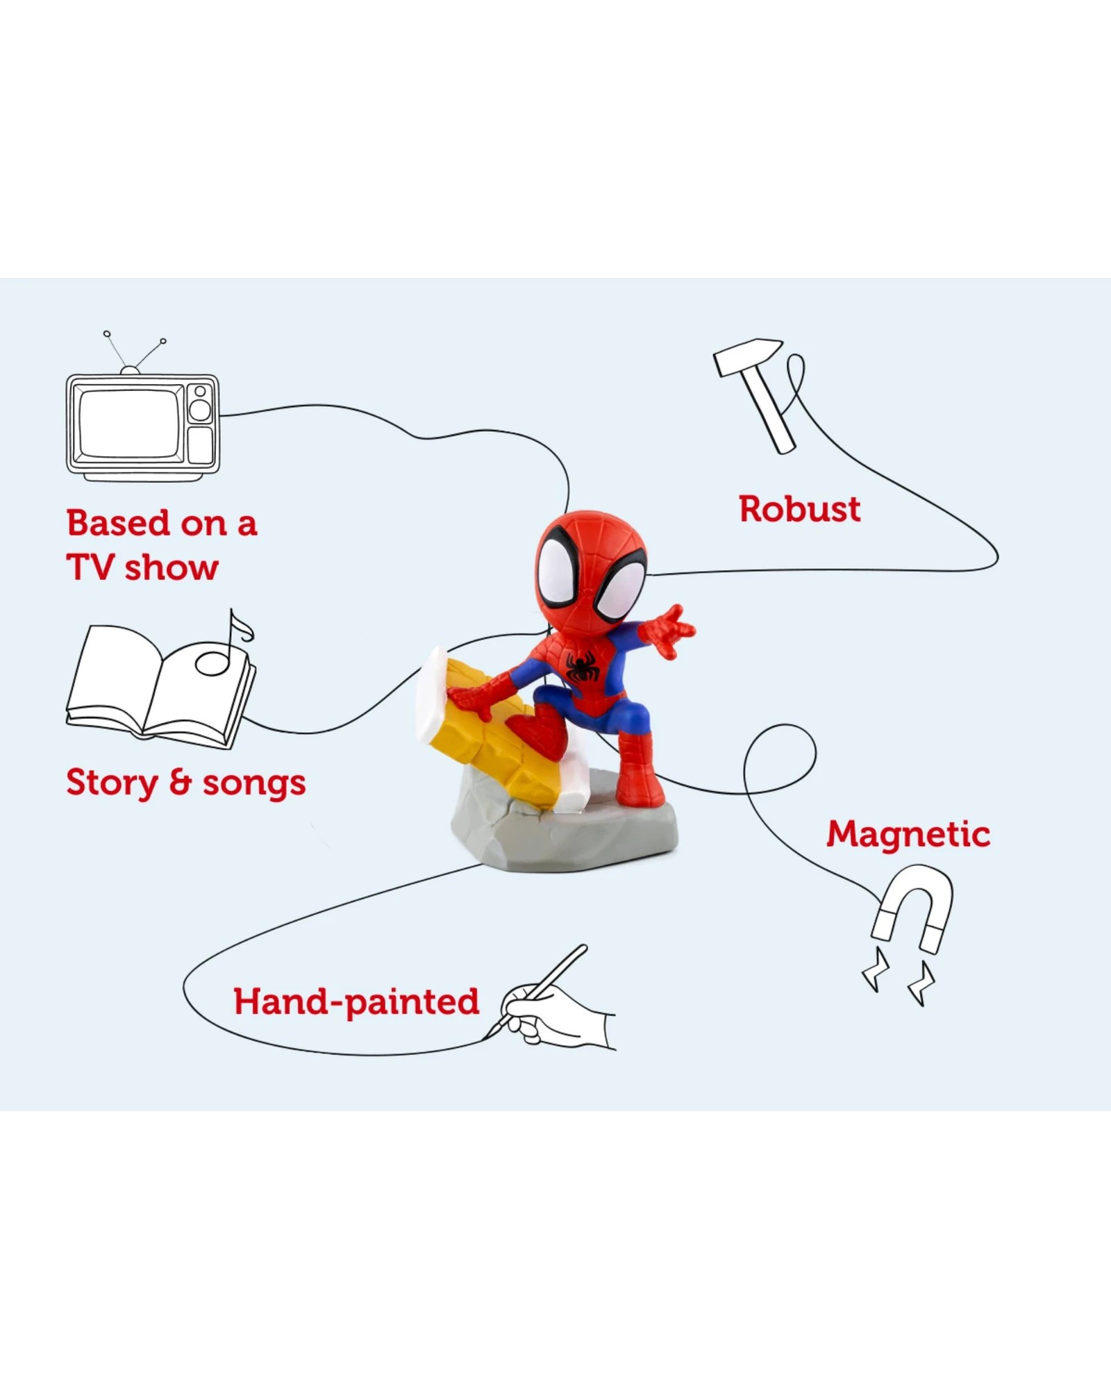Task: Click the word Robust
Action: coord(799,509)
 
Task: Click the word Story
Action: coord(112,783)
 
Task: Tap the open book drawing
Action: coord(161,688)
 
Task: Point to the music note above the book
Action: coord(224,644)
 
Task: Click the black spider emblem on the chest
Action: coord(582,665)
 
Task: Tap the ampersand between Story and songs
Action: coord(180,783)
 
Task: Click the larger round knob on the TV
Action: coord(200,409)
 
